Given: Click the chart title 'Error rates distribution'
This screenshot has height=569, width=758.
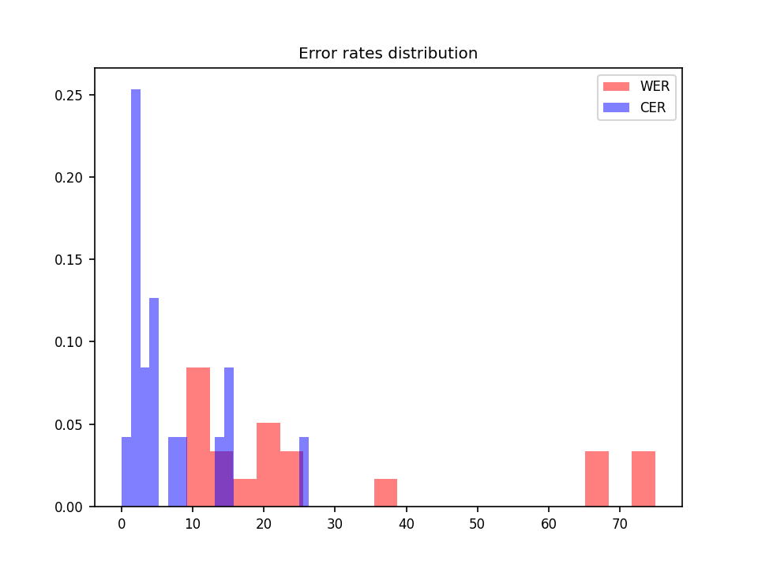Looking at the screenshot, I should pos(388,54).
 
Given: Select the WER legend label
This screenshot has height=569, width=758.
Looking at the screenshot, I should pos(655,86).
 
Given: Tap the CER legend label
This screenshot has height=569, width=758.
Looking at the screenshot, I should pos(653,107).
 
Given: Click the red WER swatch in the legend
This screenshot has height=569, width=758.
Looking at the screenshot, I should pos(616,86).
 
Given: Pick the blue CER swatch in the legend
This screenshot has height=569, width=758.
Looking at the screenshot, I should pos(616,107).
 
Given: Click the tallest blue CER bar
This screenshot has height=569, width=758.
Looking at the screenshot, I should pos(136,300).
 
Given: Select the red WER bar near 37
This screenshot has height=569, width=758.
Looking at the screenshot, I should pos(385,493).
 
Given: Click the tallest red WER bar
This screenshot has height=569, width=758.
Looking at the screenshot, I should pos(198,435).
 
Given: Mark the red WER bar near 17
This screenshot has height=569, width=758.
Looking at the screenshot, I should pos(245,493).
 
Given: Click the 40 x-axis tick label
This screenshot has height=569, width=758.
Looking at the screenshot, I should pos(406,523).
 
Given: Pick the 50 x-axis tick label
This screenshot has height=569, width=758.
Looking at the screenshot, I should pos(477,523).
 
